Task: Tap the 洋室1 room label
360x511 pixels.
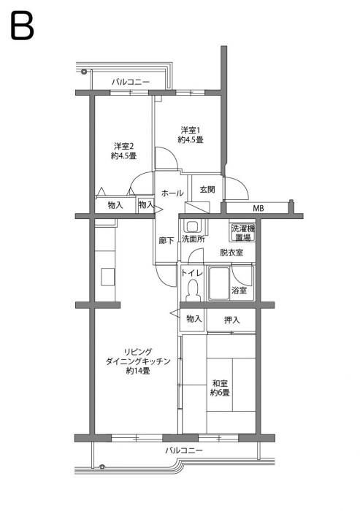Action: point(191,135)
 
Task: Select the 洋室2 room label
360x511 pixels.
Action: point(123,150)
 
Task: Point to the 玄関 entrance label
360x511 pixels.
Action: point(207,190)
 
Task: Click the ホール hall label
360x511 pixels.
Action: point(172,193)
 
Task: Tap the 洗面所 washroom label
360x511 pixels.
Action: point(193,239)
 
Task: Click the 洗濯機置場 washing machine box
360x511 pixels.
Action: point(243,233)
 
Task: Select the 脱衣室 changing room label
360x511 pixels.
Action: point(231,253)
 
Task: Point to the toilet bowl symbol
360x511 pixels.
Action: point(193,290)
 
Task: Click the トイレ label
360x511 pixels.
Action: point(191,272)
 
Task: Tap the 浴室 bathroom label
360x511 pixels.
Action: point(239,291)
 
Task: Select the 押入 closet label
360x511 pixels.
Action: point(231,320)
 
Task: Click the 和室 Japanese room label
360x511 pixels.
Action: point(221,388)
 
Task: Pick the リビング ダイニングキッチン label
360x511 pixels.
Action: point(138,361)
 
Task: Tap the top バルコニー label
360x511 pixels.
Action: point(130,82)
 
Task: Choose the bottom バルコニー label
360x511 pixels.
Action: point(183,450)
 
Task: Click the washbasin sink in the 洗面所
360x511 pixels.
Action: point(194,226)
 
